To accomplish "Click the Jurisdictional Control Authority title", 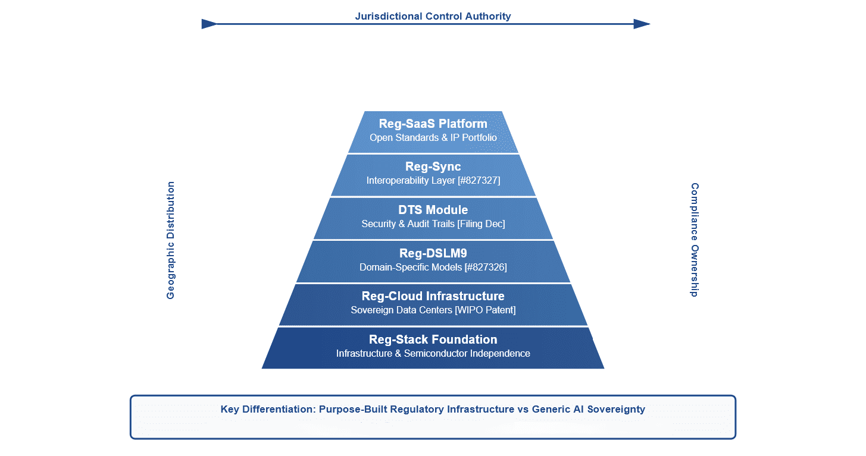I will coord(433,16).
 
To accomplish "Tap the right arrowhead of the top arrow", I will coord(642,24).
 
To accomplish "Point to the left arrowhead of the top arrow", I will coord(210,24).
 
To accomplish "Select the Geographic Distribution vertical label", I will coord(171,240).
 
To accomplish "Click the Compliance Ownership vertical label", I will coord(695,240).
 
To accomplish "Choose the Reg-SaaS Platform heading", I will coord(433,124).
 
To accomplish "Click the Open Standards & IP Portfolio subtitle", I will coord(433,137).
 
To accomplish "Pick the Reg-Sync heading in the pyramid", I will coord(433,166).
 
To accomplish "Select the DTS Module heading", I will coord(433,210).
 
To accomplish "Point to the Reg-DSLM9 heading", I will coord(433,253).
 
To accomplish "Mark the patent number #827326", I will coord(485,268).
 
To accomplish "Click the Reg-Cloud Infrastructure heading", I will coord(433,296).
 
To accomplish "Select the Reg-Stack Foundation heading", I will coord(433,339).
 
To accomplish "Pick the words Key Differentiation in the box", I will coord(266,409).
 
